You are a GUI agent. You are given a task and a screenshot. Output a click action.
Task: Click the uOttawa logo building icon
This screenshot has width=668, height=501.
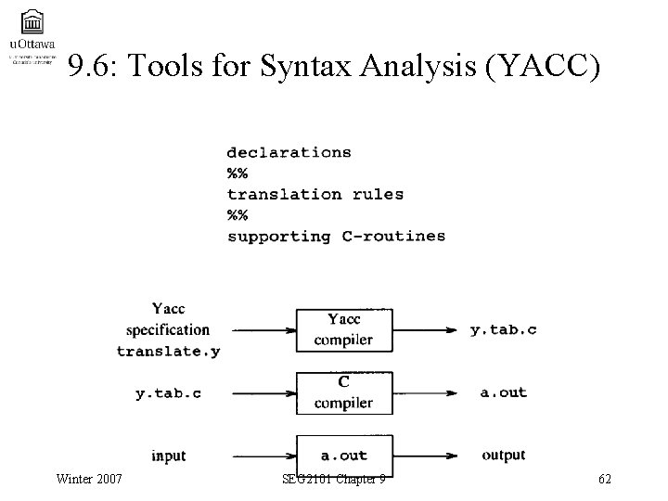click(x=31, y=20)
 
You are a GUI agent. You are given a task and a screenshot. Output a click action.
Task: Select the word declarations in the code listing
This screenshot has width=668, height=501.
click(x=289, y=152)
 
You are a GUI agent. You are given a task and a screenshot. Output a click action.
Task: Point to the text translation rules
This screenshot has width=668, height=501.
click(x=315, y=194)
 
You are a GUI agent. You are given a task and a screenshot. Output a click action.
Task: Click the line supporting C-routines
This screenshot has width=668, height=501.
click(x=336, y=236)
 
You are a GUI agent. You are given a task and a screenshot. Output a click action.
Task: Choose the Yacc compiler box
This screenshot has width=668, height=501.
click(x=344, y=329)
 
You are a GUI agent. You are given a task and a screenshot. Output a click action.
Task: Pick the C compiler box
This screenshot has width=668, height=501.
click(x=344, y=392)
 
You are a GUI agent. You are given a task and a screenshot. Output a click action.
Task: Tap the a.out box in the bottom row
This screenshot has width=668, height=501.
click(x=344, y=455)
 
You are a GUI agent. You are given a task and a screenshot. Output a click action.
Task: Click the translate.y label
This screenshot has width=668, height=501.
click(x=168, y=351)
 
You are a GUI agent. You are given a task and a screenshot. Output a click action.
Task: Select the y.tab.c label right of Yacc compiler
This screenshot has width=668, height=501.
click(x=504, y=329)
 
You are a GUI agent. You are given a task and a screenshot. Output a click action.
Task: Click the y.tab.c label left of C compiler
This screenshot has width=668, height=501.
click(x=168, y=393)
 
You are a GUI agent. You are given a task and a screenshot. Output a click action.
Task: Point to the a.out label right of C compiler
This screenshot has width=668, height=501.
click(x=504, y=392)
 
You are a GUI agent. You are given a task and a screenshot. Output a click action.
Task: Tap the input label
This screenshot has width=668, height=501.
click(x=168, y=456)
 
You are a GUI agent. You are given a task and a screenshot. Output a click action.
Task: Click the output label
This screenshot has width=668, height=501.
click(x=504, y=455)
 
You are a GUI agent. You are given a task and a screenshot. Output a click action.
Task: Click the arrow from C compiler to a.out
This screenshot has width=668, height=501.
click(x=429, y=392)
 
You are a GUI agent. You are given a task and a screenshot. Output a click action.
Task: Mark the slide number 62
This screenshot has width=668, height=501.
click(x=605, y=479)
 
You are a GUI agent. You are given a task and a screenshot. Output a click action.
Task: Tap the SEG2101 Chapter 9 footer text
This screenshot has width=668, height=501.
click(x=334, y=479)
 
